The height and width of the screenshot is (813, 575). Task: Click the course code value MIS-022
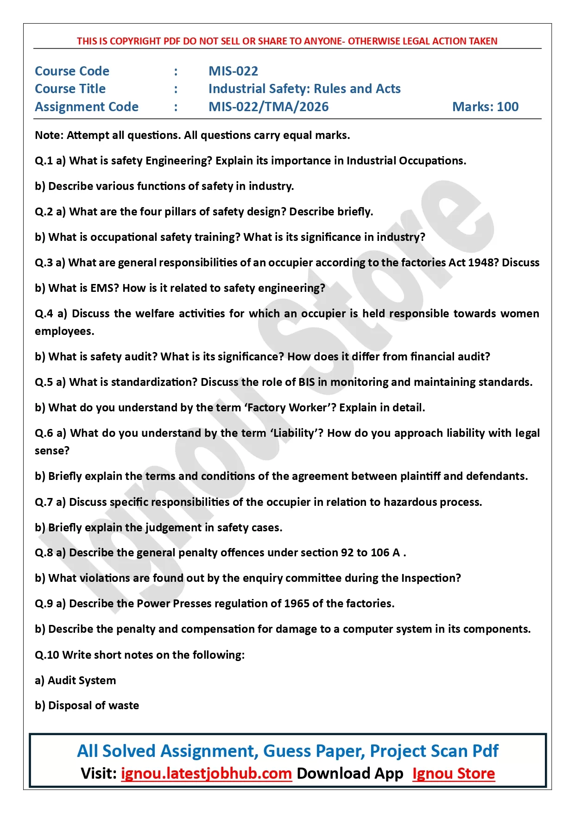click(x=233, y=71)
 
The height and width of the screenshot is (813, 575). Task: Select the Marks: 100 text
click(x=485, y=107)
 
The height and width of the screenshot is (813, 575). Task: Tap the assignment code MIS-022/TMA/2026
click(x=268, y=107)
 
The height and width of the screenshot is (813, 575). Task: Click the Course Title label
click(x=70, y=88)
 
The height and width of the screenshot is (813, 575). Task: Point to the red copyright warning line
click(x=287, y=41)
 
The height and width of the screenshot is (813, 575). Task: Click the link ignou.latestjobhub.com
click(x=206, y=773)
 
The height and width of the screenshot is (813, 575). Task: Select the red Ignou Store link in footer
click(x=453, y=773)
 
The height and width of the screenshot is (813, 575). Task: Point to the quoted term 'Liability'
click(x=296, y=433)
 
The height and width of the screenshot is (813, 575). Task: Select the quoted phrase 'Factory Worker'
click(x=287, y=408)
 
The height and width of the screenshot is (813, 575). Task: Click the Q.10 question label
click(x=47, y=655)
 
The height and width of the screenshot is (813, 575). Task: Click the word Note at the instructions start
click(x=49, y=135)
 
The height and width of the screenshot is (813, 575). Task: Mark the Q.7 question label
click(x=44, y=502)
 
